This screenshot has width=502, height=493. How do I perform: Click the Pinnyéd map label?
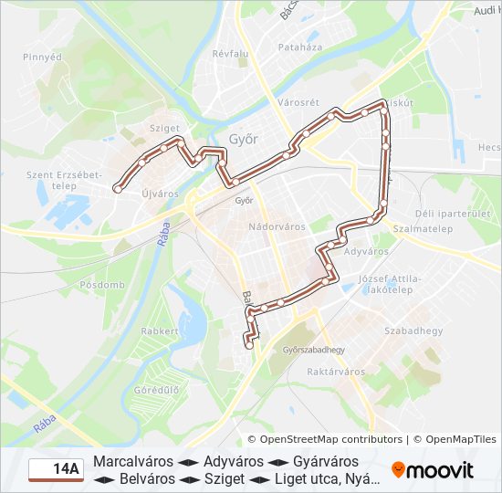(43, 57)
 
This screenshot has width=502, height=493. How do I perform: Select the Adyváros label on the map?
(369, 250)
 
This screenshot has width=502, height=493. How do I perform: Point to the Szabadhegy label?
(413, 330)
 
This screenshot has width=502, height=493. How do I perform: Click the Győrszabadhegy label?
(314, 350)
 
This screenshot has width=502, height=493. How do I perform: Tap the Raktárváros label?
(336, 372)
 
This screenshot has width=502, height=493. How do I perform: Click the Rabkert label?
(161, 331)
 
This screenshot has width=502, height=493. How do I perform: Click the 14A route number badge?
(56, 469)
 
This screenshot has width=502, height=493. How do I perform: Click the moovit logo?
(433, 470)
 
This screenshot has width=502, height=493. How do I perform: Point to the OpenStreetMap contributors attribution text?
(325, 439)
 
